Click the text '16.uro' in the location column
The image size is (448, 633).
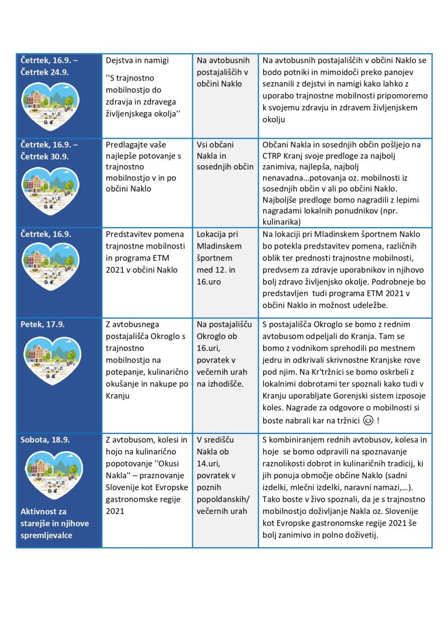point(210,282)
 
